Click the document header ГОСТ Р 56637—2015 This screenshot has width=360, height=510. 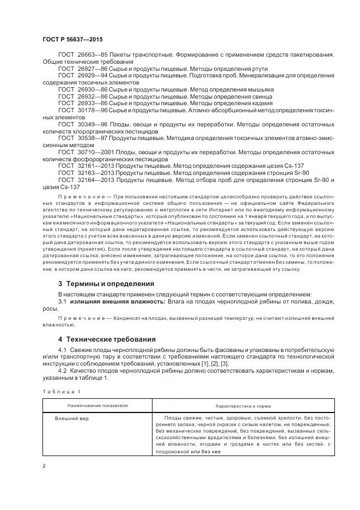[x=72, y=40]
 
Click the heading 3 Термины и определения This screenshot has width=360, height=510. [x=106, y=284]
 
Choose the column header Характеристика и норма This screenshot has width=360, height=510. [x=243, y=406]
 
